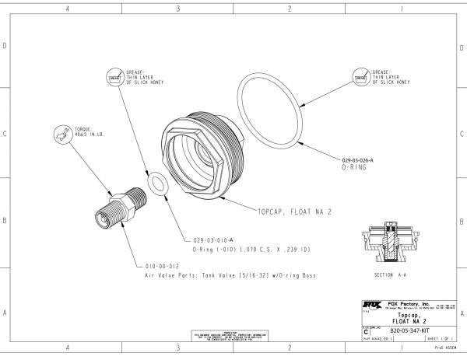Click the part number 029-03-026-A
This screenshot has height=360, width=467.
[x=358, y=159]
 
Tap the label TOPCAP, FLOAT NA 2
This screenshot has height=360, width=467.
[x=295, y=211]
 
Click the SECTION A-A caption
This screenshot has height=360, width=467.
[x=389, y=275]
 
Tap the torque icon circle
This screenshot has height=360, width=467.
[x=61, y=133]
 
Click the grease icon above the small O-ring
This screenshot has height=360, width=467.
[x=114, y=77]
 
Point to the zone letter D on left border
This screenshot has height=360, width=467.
[x=5, y=46]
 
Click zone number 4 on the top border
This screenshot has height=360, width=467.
[x=68, y=9]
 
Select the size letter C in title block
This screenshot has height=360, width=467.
[x=367, y=330]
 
